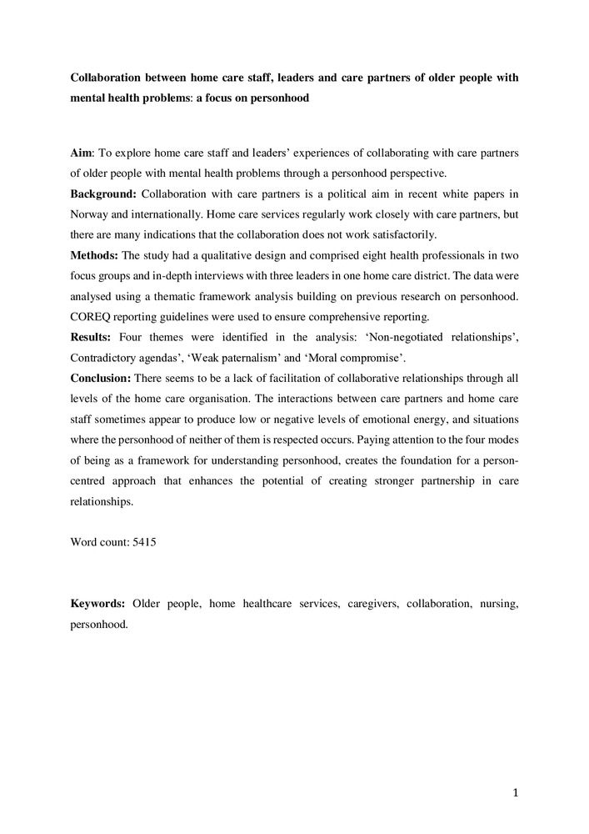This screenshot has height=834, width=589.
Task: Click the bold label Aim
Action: pos(82,154)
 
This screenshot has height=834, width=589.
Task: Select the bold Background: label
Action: pos(102,194)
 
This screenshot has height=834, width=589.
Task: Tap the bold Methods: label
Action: pos(93,255)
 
